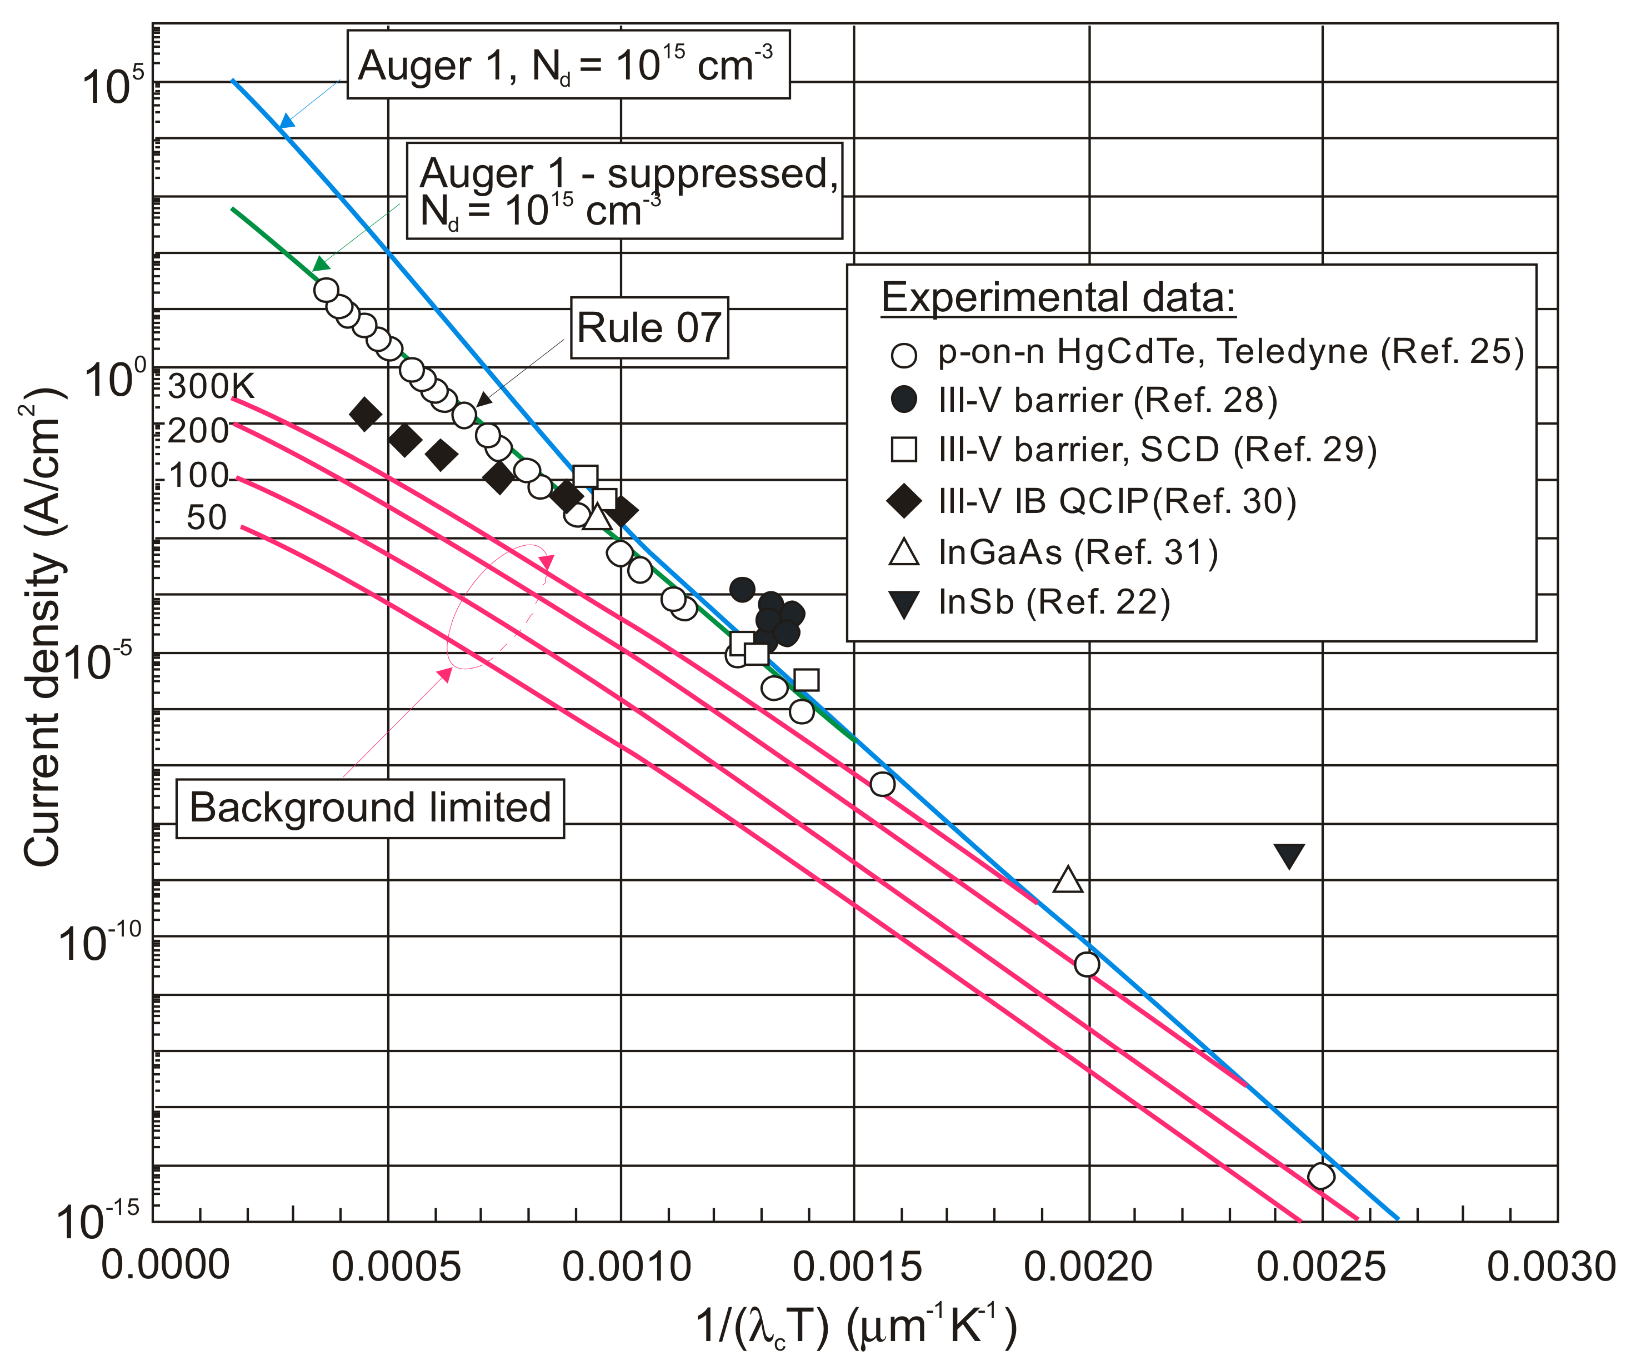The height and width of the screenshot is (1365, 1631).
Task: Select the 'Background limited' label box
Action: [369, 808]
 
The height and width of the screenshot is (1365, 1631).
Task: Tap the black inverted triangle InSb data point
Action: [1288, 855]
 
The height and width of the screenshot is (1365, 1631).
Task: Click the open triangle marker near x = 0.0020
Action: [1068, 880]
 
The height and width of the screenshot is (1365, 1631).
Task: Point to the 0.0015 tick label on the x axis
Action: [857, 1267]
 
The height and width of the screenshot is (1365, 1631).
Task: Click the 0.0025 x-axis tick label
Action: [1320, 1267]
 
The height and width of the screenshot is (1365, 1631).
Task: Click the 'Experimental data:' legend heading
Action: [1058, 297]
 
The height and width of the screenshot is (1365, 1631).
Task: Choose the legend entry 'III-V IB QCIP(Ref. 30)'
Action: [1117, 501]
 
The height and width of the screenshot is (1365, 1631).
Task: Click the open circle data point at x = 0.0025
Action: [1320, 1176]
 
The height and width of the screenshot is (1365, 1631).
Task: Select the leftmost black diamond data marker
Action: [365, 414]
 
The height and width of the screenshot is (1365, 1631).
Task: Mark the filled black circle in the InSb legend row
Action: [904, 604]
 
